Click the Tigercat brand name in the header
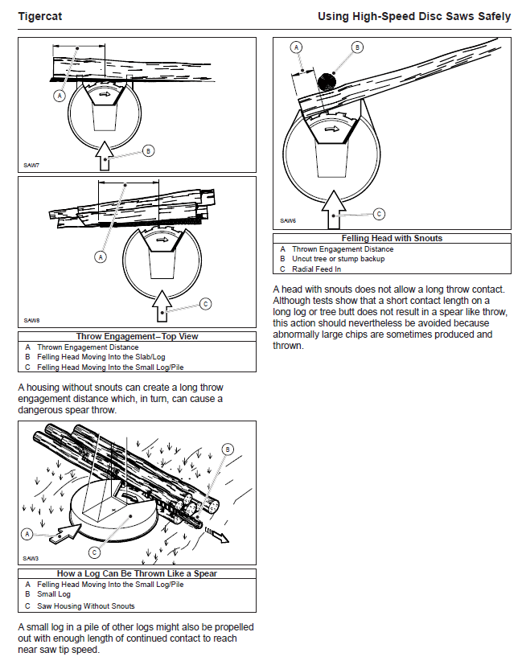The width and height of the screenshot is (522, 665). pos(41,16)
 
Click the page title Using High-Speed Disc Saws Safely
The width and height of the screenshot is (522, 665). pos(413,16)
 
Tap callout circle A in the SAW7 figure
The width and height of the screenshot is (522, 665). pos(59,95)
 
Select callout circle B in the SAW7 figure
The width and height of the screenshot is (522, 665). pos(147,150)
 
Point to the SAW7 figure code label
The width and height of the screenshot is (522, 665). pos(30,166)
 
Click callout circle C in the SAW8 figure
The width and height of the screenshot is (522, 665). pos(205,303)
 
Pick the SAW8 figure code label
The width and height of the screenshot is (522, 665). pos(31,320)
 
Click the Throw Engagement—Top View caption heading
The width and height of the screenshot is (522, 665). pos(137,336)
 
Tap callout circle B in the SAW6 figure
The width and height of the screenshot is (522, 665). pos(356,48)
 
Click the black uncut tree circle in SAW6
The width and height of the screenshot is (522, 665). pos(327,83)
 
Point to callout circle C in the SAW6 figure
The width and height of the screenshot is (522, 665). pos(379,214)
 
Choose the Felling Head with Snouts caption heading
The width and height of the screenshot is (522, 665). pos(392,238)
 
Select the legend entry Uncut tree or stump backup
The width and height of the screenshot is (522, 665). pos(338,259)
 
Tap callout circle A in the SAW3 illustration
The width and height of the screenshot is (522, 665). pos(28,533)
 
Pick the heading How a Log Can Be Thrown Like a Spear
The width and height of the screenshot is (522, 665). pos(137,573)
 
